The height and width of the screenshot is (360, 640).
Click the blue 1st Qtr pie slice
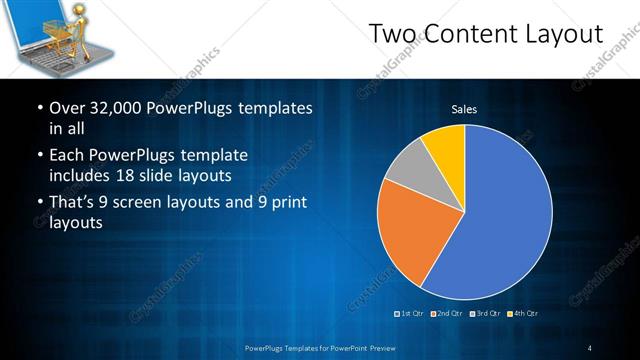click(500, 220)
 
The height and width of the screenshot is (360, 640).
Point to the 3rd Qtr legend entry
click(486, 313)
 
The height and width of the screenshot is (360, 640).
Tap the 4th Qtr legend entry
click(524, 313)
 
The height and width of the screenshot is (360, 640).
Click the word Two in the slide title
click(393, 35)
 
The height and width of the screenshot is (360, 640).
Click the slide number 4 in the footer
click(590, 347)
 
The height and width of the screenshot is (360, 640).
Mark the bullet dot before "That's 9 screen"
click(38, 204)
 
